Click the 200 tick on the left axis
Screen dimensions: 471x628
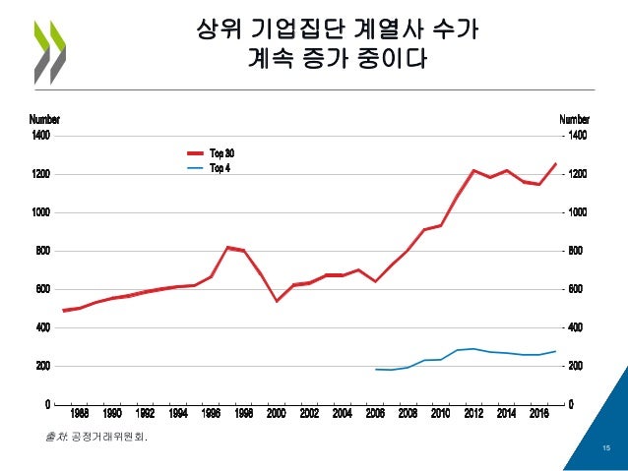[x=43, y=366]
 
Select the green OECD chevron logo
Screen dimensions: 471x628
[x=48, y=49]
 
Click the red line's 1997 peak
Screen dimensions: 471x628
[x=227, y=247]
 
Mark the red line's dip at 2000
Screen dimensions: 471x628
[x=277, y=301]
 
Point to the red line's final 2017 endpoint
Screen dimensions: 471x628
[x=555, y=163]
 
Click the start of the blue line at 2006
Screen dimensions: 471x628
[x=375, y=370]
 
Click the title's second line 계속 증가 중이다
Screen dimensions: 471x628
[x=338, y=61]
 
